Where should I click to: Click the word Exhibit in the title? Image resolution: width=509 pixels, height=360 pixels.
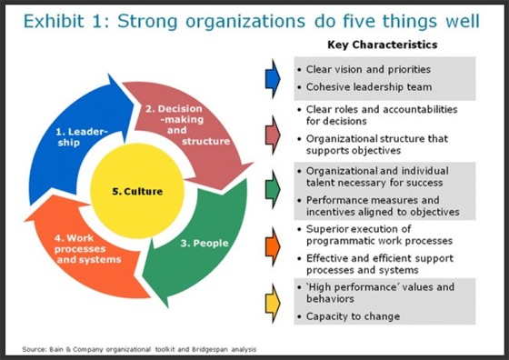tap(51, 19)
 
